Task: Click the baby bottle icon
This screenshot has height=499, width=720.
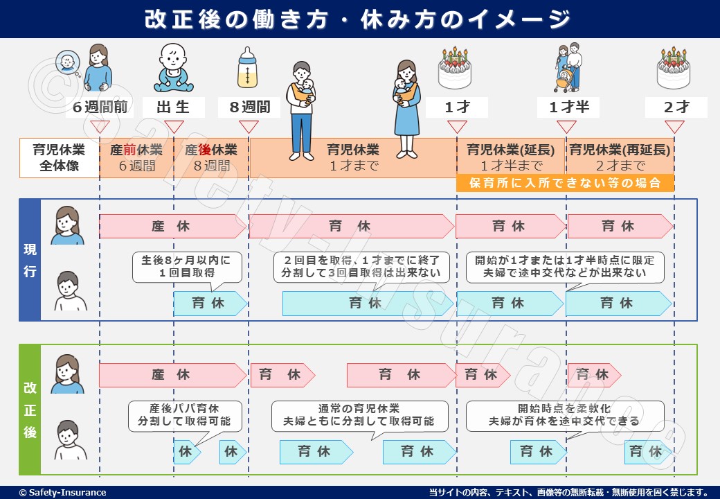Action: pos(249,69)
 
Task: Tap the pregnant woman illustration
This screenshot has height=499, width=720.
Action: pos(99,68)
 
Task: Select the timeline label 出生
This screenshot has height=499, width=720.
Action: pos(173,107)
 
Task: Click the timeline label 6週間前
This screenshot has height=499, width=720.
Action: pos(100,107)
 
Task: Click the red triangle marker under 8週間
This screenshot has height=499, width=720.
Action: pos(249,127)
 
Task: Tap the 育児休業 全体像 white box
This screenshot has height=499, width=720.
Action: pos(60,158)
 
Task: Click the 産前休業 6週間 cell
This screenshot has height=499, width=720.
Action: pos(136,158)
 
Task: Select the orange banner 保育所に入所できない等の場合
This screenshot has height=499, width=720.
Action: pos(565,183)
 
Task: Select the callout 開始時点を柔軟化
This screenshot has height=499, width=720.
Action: pos(564,414)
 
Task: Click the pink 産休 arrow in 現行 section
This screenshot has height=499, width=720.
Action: pos(170,226)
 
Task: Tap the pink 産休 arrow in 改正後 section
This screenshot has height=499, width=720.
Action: pos(170,375)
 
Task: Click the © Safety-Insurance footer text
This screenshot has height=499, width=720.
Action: pos(63,493)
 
